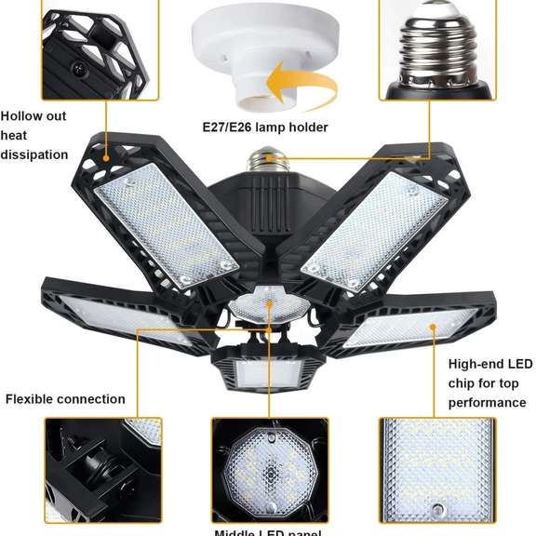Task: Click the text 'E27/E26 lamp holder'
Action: pyautogui.click(x=265, y=127)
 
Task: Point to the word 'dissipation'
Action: pyautogui.click(x=34, y=154)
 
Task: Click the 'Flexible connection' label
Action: pyautogui.click(x=65, y=399)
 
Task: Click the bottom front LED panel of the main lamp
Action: pyautogui.click(x=265, y=372)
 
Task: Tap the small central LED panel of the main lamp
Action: pyautogui.click(x=267, y=306)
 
